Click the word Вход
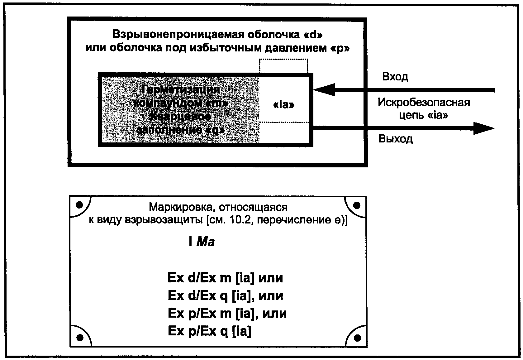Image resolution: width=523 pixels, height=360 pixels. point(395,77)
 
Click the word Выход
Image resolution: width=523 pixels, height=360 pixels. point(395,139)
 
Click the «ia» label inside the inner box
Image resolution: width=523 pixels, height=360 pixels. point(283,105)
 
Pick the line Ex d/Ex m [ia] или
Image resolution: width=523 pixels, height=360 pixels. point(225,278)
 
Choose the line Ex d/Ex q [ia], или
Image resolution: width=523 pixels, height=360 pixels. point(225,295)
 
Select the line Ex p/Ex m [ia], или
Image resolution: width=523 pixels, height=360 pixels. point(227,313)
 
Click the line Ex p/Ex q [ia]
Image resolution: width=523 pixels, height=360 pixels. point(209,331)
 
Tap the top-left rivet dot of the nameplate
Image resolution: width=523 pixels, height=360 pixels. point(79,205)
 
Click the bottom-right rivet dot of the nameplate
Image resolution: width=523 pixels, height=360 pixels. point(357,337)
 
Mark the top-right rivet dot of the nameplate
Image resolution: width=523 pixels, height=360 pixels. point(357,205)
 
